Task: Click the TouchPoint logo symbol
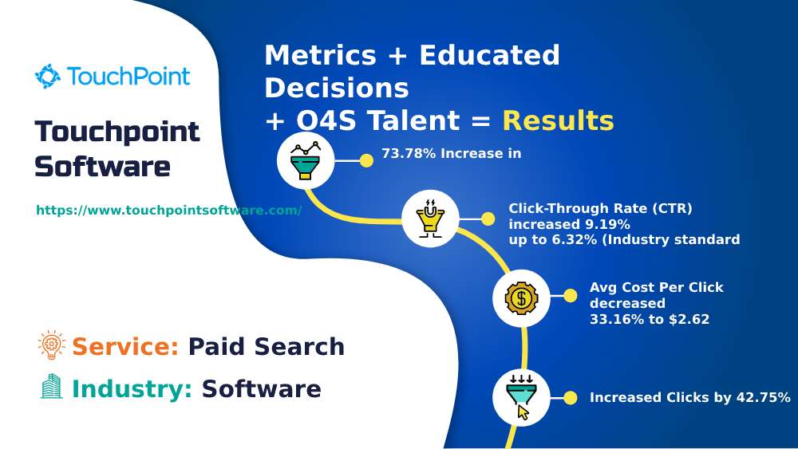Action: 48,77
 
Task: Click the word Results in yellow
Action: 558,120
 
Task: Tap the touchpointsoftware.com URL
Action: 168,211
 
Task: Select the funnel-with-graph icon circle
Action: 306,160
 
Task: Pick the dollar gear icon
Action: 521,298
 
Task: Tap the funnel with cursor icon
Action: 521,397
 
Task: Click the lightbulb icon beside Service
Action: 51,345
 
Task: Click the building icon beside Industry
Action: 51,388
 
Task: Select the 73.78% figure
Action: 409,153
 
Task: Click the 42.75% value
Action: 761,397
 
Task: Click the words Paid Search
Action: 266,347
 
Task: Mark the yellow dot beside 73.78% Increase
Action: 366,160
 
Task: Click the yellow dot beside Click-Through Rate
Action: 488,218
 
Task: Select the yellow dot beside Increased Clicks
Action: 570,397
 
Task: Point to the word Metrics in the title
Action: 320,56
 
